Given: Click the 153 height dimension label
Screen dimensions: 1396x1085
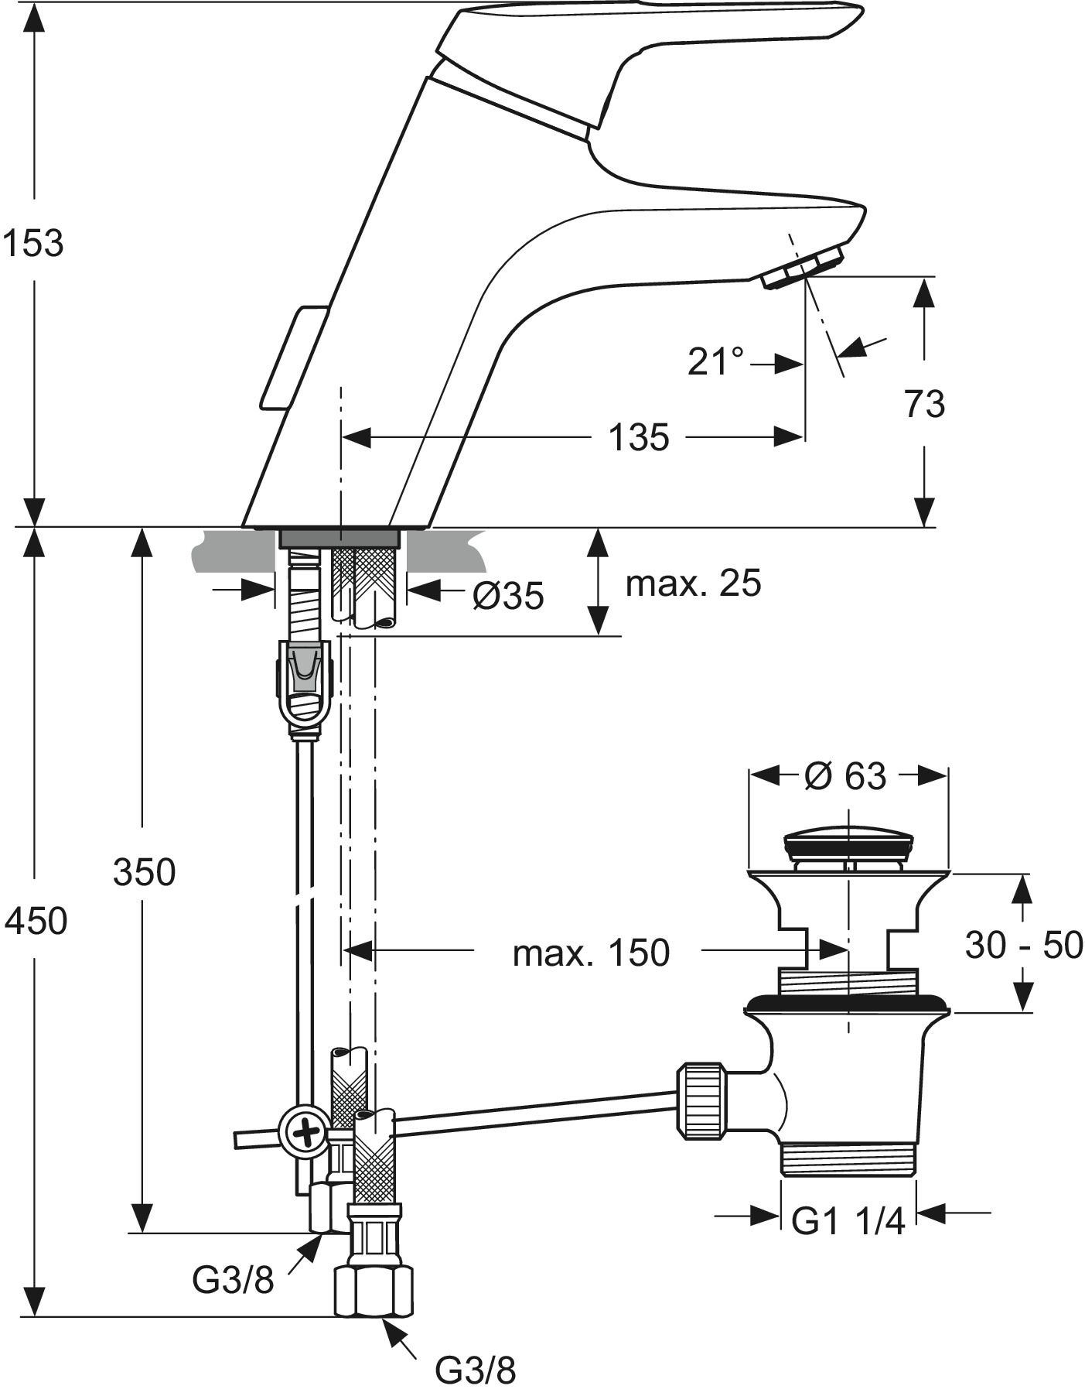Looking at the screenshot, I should tap(32, 243).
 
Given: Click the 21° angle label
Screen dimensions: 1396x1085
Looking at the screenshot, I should tap(715, 361).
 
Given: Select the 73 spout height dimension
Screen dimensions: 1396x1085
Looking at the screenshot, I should tap(924, 404).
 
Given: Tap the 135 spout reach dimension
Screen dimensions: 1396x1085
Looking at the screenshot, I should tap(638, 438).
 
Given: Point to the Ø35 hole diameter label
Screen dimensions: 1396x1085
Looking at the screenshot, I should tap(508, 595).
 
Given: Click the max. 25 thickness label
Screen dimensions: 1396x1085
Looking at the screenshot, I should tap(693, 583).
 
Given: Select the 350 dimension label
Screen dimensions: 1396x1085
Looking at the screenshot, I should tap(145, 872).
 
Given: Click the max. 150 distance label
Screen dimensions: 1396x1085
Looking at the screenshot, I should tap(591, 953).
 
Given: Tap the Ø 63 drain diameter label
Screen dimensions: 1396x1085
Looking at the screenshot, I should tap(844, 775).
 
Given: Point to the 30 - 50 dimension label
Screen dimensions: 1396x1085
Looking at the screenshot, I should tap(1024, 945).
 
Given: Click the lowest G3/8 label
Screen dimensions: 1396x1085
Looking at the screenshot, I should tap(475, 1370).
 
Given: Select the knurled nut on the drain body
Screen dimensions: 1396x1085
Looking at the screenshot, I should tap(701, 1102).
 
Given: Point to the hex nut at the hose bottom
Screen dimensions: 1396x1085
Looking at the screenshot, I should tap(374, 1291).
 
